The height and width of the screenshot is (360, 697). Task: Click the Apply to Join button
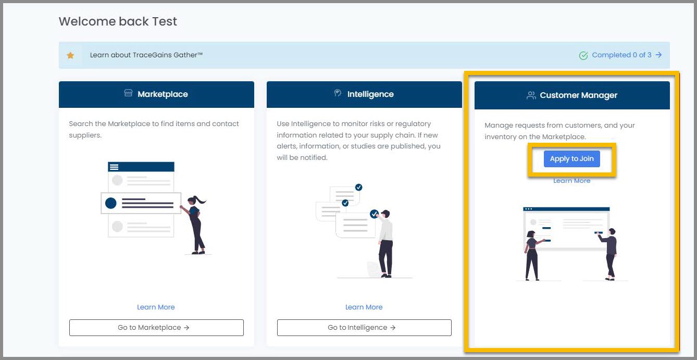(571, 159)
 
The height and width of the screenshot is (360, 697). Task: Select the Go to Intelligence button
(364, 328)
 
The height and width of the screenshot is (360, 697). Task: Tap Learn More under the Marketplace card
(156, 307)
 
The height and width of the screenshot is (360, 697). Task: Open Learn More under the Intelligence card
(364, 307)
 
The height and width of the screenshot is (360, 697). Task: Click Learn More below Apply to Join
(571, 181)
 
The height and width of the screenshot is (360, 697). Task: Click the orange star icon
(70, 55)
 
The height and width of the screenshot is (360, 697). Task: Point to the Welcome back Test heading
(118, 21)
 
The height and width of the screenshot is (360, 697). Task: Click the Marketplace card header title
(163, 94)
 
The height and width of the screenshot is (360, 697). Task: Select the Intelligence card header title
(370, 94)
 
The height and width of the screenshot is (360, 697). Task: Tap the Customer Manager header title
(578, 95)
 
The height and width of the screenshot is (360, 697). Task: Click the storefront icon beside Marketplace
(128, 94)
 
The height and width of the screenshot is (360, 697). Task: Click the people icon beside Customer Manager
(531, 95)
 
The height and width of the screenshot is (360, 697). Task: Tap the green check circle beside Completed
(583, 55)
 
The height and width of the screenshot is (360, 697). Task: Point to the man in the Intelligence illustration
(385, 242)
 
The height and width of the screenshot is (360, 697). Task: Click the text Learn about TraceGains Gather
(146, 55)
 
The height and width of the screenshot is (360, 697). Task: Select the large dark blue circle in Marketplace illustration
(111, 203)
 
